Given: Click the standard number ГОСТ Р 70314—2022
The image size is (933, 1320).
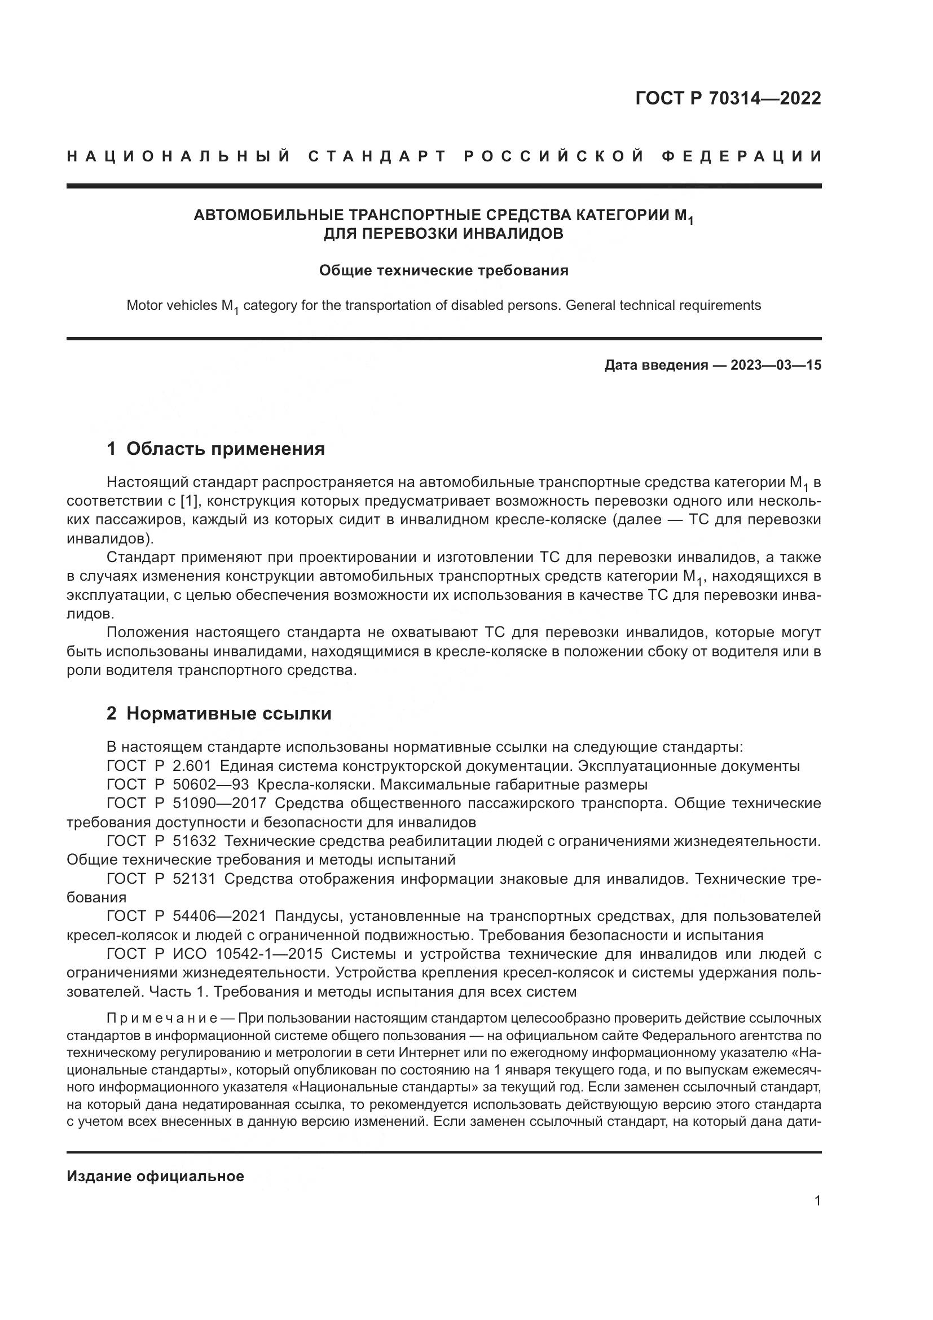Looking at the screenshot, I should pyautogui.click(x=728, y=98).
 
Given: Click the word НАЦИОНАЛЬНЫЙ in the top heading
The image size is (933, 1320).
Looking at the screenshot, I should pyautogui.click(x=179, y=156).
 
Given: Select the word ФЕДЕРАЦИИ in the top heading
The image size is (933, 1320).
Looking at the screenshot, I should pyautogui.click(x=742, y=156).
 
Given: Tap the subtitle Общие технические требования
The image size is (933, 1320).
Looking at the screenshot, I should pyautogui.click(x=443, y=270).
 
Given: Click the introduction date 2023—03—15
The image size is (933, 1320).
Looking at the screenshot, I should pyautogui.click(x=776, y=365).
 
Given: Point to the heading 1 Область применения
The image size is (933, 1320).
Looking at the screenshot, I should pyautogui.click(x=215, y=449).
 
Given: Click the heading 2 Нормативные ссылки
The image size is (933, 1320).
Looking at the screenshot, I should pyautogui.click(x=219, y=713).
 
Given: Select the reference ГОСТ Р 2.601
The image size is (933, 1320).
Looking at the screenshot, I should pyautogui.click(x=159, y=766).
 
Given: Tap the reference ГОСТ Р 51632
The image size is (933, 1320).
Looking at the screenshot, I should pyautogui.click(x=161, y=841).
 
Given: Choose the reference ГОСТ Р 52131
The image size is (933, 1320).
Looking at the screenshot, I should pyautogui.click(x=161, y=879).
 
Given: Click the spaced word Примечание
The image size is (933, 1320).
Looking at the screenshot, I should pyautogui.click(x=161, y=1018).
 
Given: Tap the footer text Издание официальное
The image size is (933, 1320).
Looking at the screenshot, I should pyautogui.click(x=155, y=1176).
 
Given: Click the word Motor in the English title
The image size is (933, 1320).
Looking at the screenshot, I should pyautogui.click(x=143, y=305).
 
